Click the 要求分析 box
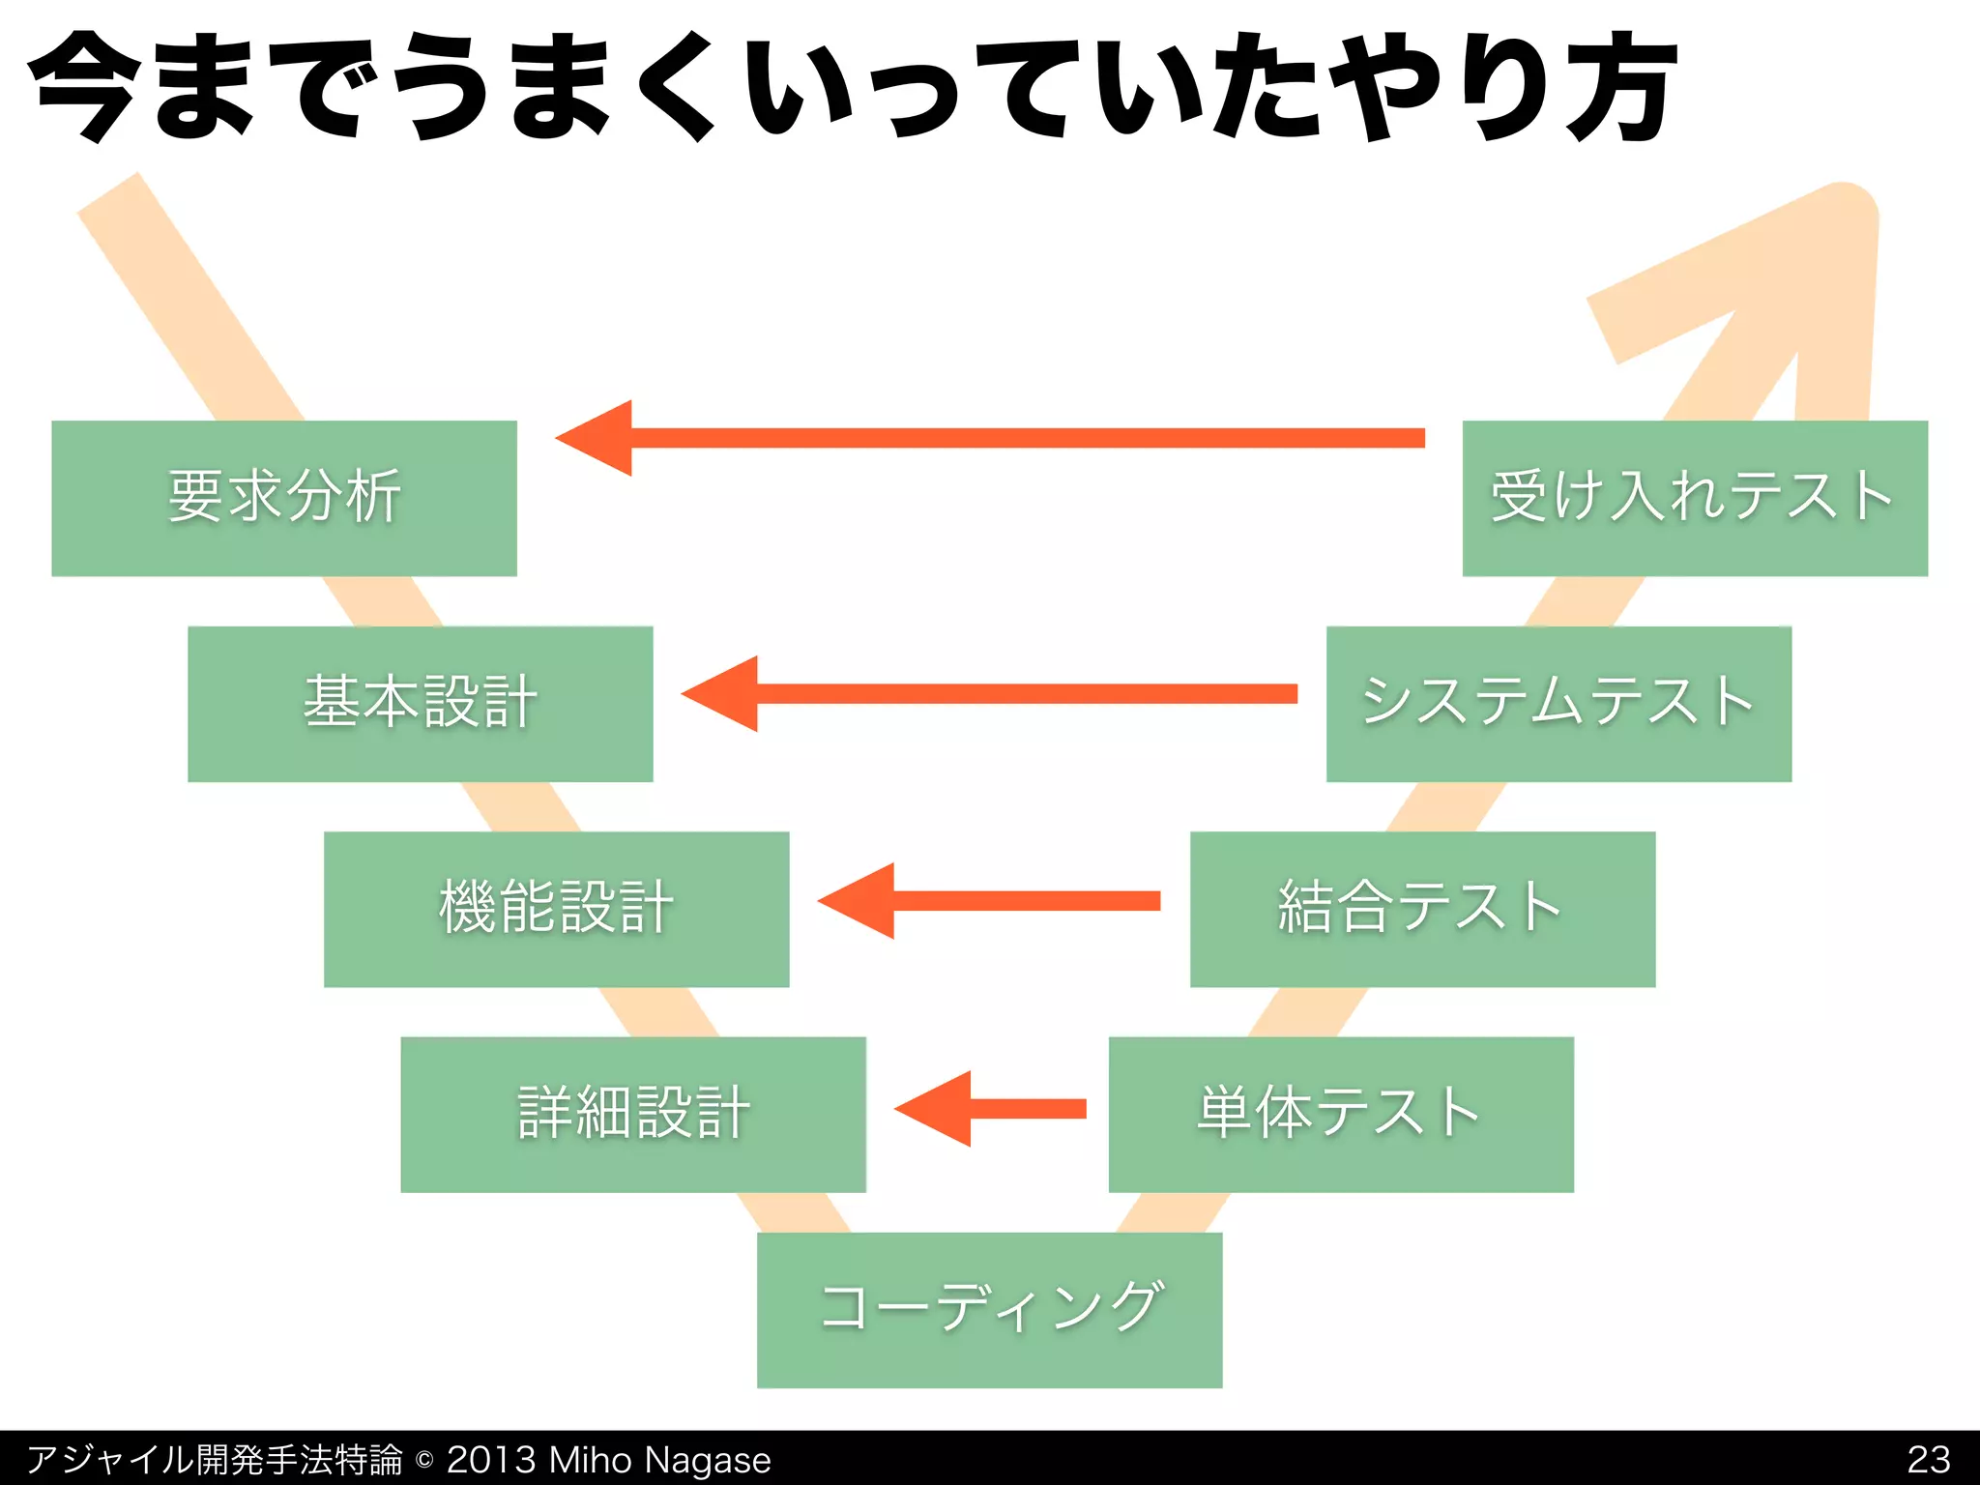pos(283,498)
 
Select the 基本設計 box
pos(420,703)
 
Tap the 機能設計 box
pos(556,909)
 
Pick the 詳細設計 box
pos(633,1114)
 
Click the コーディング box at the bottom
pos(989,1309)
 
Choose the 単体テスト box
pos(1341,1114)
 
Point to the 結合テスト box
pos(1422,909)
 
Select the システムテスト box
pos(1558,703)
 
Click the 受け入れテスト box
pos(1695,498)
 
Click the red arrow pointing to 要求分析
pos(986,438)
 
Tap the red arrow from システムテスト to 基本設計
pos(986,693)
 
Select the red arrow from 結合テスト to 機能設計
pos(986,901)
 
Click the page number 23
pos(1928,1459)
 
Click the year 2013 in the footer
pos(490,1459)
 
